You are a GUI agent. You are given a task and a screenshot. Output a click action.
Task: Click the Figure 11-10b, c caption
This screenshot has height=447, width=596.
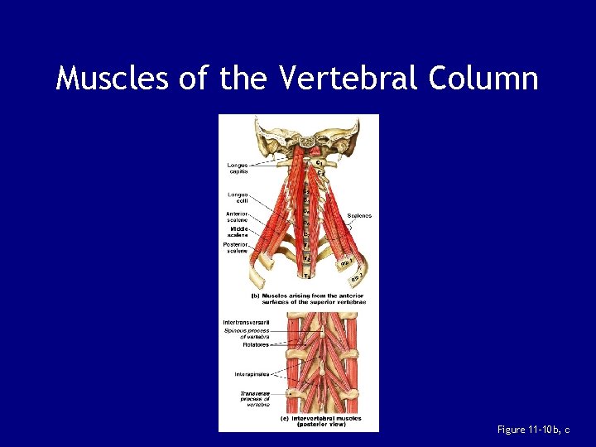tap(534, 429)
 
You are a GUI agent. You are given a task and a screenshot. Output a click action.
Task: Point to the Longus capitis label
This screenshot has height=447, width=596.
tap(238, 169)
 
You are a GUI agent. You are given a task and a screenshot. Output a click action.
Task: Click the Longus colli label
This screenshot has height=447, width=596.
tap(238, 197)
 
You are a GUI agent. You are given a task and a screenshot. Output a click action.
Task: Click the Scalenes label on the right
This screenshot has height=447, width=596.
tap(359, 216)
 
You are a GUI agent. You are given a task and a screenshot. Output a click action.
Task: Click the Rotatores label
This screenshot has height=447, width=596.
tap(256, 344)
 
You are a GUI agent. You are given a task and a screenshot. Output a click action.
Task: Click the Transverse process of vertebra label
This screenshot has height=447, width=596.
tap(254, 398)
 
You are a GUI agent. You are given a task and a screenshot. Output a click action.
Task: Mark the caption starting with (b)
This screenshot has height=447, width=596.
tap(309, 299)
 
